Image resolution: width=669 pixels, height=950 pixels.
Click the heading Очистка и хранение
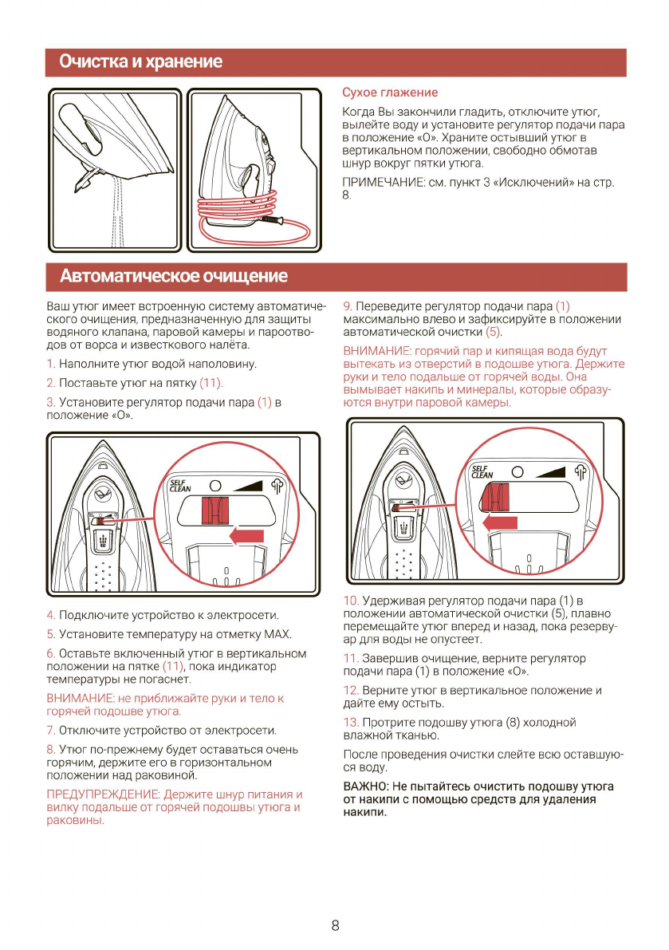[x=141, y=62]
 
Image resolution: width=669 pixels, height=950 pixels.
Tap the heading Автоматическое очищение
[x=173, y=277]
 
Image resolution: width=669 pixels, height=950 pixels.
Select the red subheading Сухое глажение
[x=390, y=93]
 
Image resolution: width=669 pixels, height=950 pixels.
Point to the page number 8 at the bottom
[x=335, y=925]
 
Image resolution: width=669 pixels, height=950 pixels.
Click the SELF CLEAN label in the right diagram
[x=482, y=472]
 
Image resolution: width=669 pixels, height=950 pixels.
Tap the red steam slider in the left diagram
[x=214, y=508]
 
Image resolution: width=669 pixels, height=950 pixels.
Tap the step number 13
[x=350, y=723]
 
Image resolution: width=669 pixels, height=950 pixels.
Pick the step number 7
[x=51, y=731]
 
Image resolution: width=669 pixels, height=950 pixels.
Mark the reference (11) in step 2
[x=211, y=384]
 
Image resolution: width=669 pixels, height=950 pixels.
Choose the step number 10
[x=351, y=601]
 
